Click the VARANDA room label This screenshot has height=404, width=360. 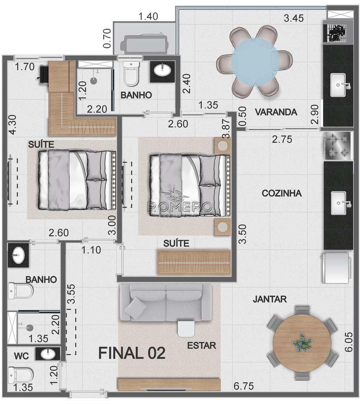[276, 112]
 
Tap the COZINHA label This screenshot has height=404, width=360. [281, 193]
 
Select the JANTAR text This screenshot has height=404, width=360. [270, 299]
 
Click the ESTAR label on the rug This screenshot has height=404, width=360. [202, 346]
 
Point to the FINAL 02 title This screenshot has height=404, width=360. [132, 353]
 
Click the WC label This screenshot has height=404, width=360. [21, 356]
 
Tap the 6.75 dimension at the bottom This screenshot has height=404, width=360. [244, 386]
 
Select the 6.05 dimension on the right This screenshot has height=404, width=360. [349, 342]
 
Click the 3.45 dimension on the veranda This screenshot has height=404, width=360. [294, 18]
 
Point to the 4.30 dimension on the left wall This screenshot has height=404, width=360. [12, 124]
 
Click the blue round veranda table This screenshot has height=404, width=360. [255, 62]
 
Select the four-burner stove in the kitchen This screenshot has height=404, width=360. [338, 146]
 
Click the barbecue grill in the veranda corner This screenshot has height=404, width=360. [337, 33]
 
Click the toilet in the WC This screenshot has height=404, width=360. [21, 375]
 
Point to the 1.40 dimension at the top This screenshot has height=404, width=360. [148, 16]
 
